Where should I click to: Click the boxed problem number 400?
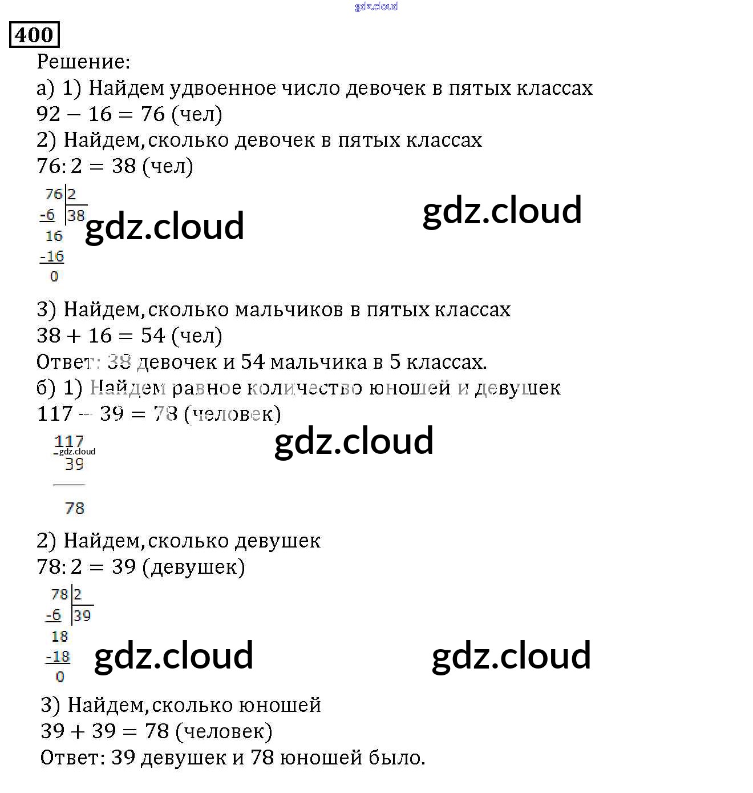(34, 35)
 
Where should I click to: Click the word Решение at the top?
(82, 62)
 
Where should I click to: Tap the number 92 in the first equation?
(48, 114)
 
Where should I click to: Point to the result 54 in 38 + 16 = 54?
(153, 336)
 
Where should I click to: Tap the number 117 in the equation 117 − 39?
(55, 414)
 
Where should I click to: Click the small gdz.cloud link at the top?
(376, 6)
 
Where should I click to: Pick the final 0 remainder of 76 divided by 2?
(54, 277)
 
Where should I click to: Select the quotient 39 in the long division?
(82, 616)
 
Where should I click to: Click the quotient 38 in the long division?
(76, 216)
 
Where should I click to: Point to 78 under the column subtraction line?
(75, 508)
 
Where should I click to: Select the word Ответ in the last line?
(72, 758)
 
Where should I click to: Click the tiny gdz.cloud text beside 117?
(78, 452)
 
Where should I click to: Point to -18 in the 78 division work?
(58, 657)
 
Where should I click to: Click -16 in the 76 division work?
(52, 257)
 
